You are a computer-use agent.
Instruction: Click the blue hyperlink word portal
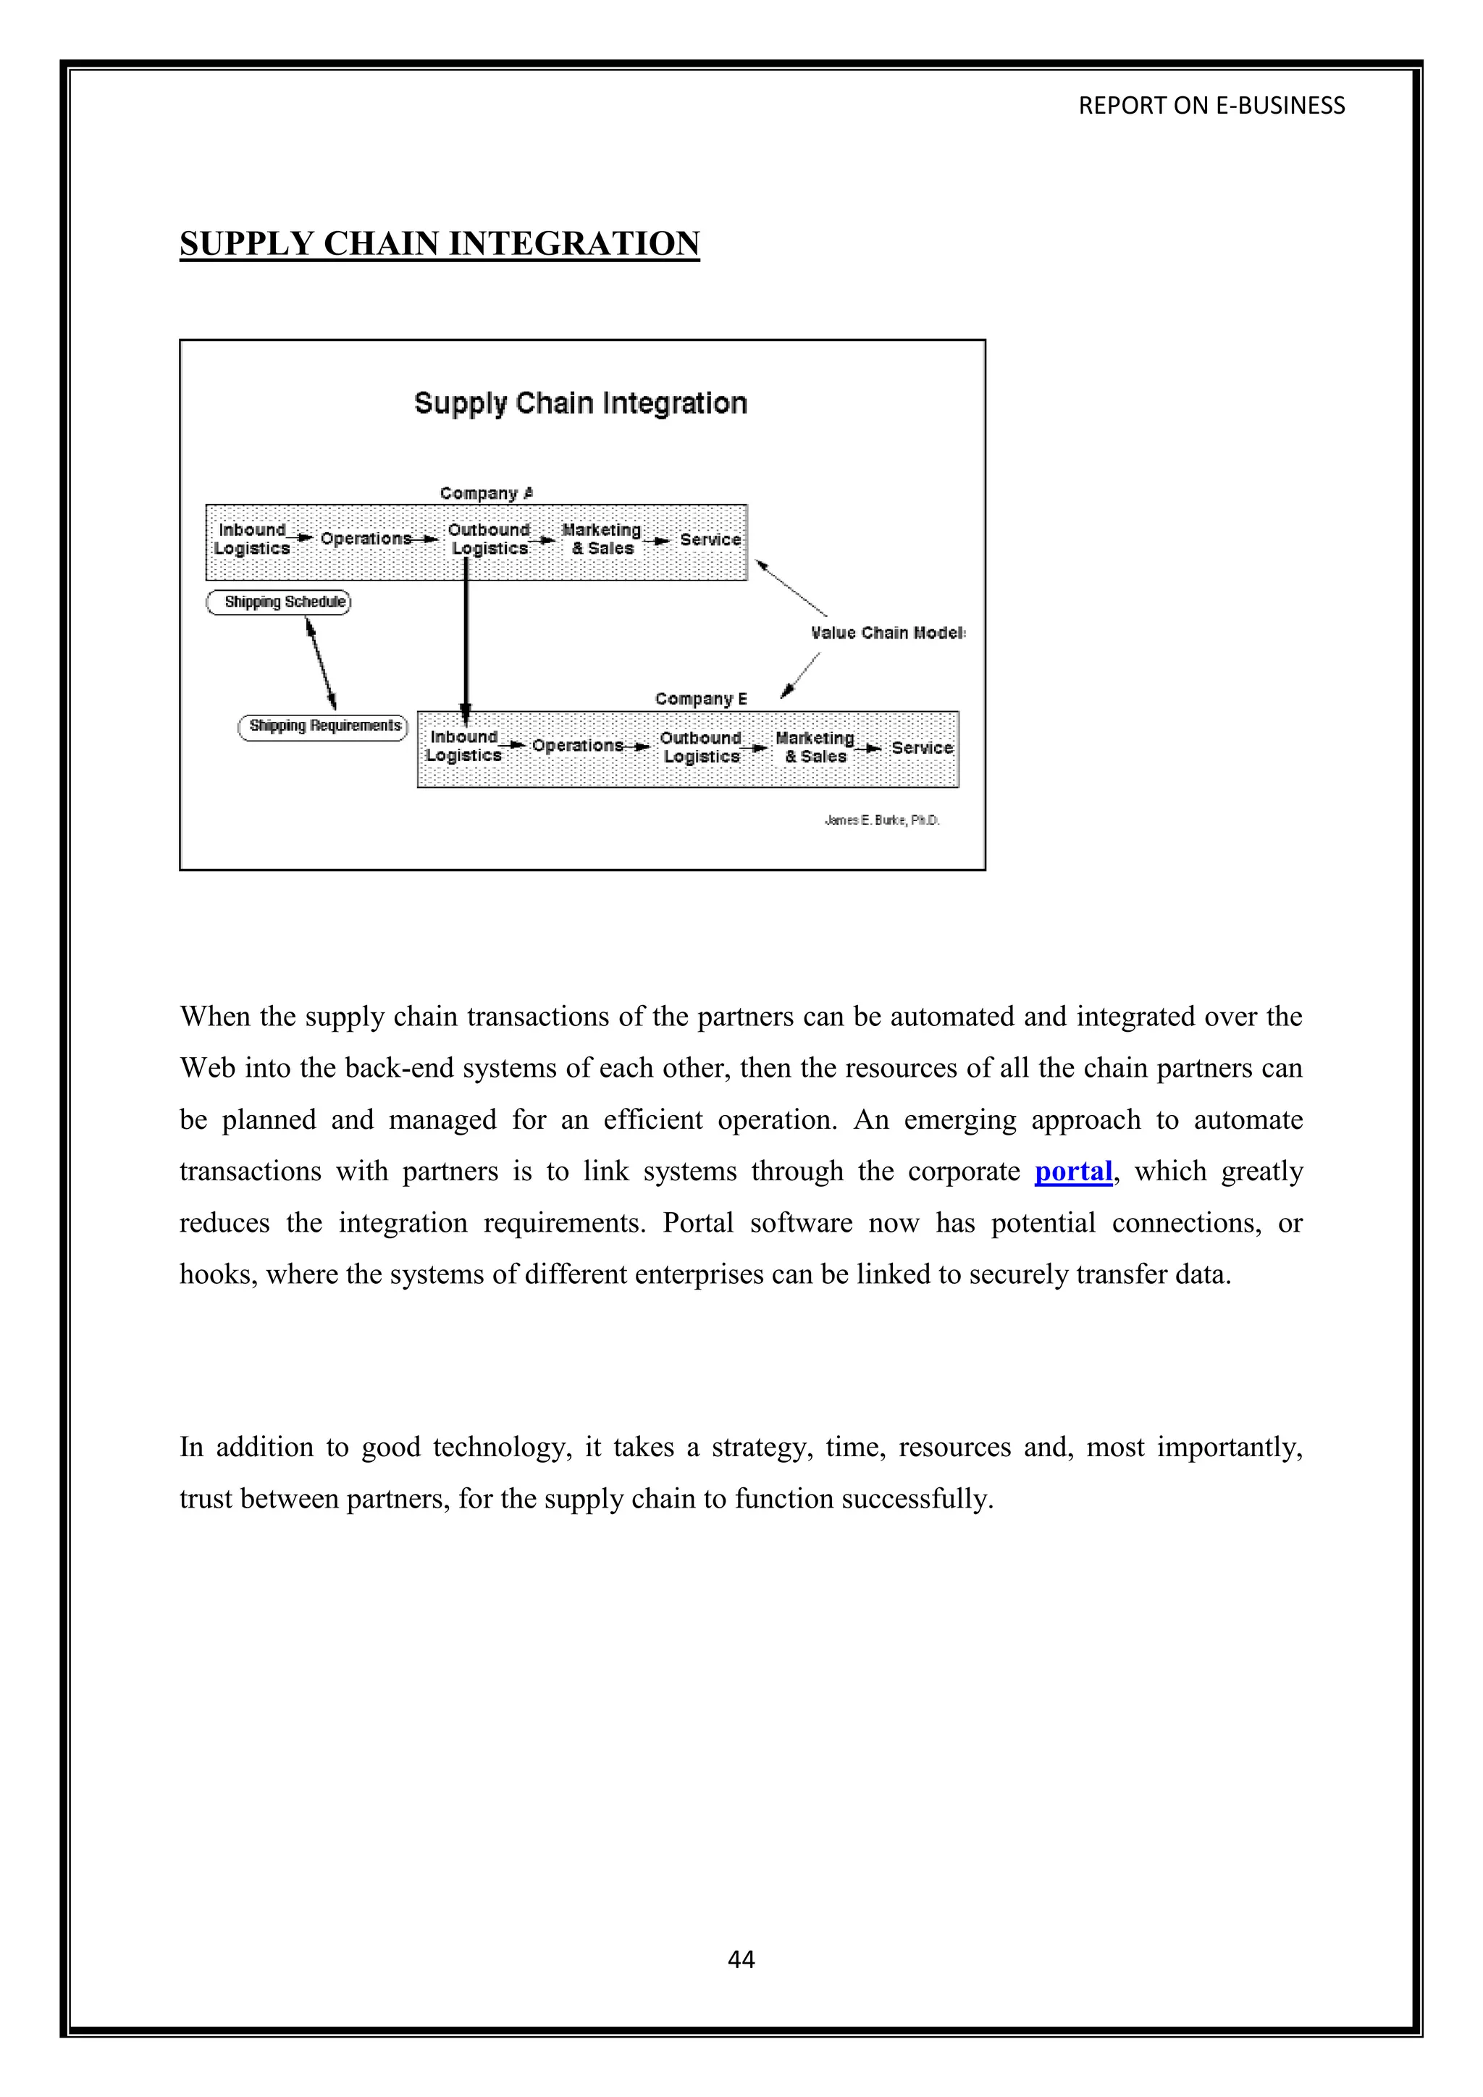(1073, 1172)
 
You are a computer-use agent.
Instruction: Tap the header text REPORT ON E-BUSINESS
(1211, 106)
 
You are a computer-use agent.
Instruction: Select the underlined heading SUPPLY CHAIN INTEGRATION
(440, 244)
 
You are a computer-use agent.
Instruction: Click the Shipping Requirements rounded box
(323, 726)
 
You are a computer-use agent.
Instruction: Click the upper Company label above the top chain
(486, 493)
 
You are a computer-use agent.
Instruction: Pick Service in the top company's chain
(710, 539)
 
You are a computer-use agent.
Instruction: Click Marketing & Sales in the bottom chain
(815, 747)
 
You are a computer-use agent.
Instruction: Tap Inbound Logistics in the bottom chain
(463, 747)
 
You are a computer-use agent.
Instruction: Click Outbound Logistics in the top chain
(490, 539)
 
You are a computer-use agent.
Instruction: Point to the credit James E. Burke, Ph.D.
(881, 820)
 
